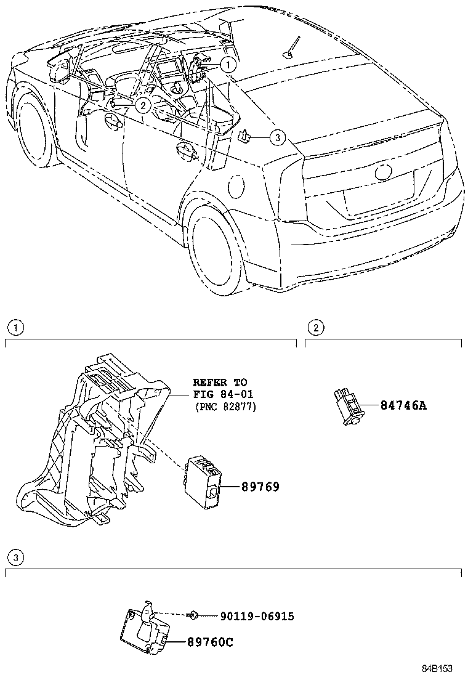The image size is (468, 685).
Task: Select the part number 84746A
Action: point(403,405)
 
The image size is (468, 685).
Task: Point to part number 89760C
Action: point(210,642)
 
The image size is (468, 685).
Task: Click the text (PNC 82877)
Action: point(224,407)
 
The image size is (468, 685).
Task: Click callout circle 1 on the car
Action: point(227,63)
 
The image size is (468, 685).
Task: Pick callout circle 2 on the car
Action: point(143,105)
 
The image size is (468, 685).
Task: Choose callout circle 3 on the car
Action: point(277,137)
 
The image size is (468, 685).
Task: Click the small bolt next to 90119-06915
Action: point(194,615)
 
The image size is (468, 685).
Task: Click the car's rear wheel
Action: point(214,246)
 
